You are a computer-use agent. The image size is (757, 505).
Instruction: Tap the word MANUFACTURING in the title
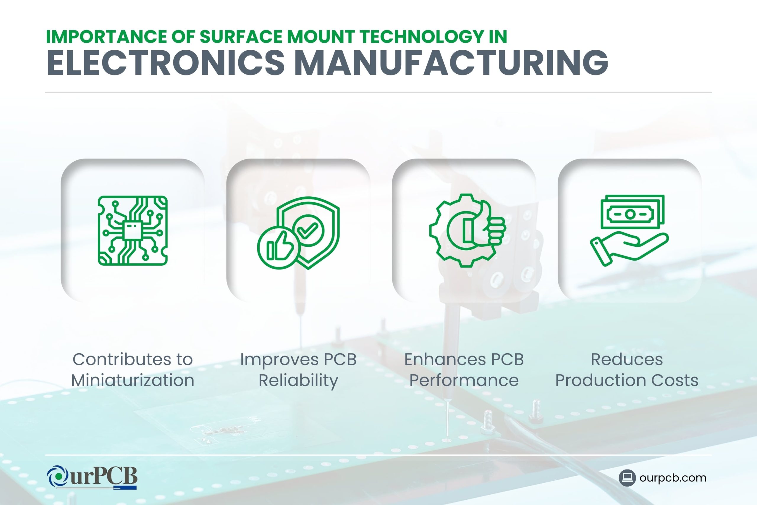[x=451, y=63]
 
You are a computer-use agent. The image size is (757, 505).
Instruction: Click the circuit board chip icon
[x=132, y=230]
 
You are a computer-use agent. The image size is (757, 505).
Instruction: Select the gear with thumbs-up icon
[x=467, y=230]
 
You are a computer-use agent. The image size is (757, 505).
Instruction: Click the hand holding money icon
[x=629, y=230]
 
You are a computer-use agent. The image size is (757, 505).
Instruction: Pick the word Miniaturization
[x=132, y=380]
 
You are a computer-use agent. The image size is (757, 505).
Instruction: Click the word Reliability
[x=298, y=380]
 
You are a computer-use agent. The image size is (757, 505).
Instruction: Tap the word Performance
[x=464, y=380]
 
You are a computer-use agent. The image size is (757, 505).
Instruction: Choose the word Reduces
[x=627, y=359]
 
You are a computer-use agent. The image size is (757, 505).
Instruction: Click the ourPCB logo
[x=92, y=477]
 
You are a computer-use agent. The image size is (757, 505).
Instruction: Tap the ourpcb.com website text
[x=673, y=477]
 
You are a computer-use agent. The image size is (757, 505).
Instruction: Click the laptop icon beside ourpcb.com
[x=627, y=477]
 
